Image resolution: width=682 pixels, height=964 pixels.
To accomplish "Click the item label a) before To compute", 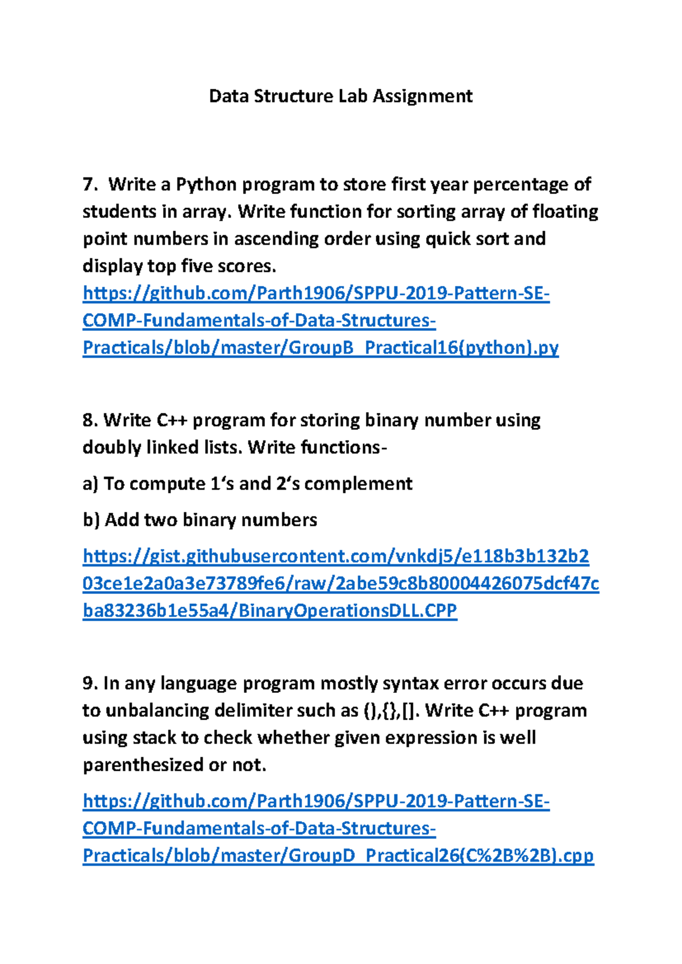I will tap(90, 484).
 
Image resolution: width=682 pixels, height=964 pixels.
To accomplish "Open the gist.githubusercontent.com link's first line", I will tap(335, 556).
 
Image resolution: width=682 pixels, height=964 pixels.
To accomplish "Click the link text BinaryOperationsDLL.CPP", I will tap(347, 611).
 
